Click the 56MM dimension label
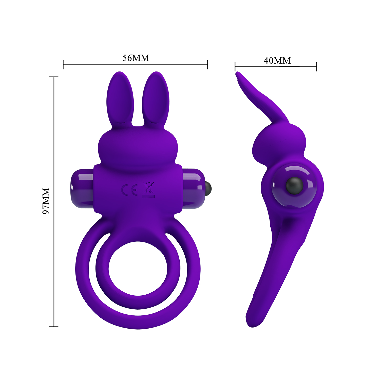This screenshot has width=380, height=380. tap(136, 58)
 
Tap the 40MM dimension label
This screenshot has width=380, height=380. tap(277, 61)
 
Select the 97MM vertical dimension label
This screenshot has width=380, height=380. tap(46, 201)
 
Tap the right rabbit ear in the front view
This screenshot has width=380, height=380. tap(155, 99)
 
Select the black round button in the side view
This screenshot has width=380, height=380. tap(294, 186)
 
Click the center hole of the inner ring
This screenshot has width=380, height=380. tap(138, 269)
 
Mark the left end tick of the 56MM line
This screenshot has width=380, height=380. tap(63, 64)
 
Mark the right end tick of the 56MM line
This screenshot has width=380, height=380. tap(207, 64)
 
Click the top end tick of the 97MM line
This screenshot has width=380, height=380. tap(54, 77)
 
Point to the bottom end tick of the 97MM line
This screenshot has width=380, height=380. tap(54, 327)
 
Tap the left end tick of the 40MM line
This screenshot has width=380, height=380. tap(235, 66)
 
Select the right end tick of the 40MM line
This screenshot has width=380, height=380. tap(316, 66)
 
